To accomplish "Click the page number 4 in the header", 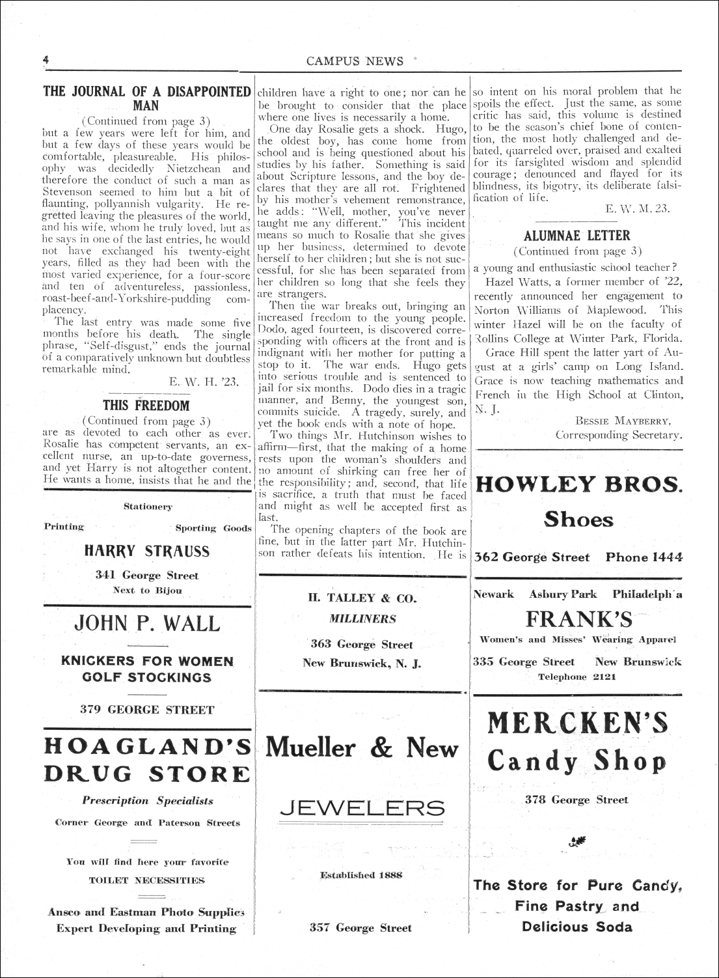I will click(46, 60).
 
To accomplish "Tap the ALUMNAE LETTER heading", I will click(577, 235).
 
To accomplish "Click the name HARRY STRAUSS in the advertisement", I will click(147, 552).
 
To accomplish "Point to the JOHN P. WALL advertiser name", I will click(147, 623).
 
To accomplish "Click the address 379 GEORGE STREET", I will click(147, 710).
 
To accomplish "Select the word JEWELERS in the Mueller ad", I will click(362, 808).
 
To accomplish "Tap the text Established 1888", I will click(361, 875).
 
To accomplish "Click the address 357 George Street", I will click(361, 928).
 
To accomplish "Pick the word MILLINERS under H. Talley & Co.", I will click(362, 619).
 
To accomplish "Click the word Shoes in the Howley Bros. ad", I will click(578, 520).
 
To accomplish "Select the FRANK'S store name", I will click(578, 618).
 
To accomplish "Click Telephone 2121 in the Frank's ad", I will click(577, 677).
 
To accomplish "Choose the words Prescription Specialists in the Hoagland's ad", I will click(148, 801).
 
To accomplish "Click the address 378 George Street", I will click(577, 800).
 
